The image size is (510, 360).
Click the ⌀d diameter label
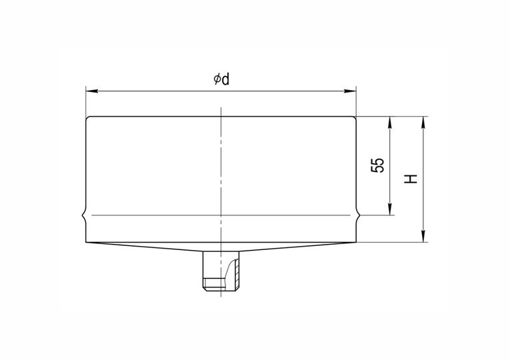click(x=221, y=79)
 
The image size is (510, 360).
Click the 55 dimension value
click(x=377, y=165)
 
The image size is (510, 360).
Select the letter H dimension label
click(x=411, y=179)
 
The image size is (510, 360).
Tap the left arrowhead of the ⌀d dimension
click(x=92, y=91)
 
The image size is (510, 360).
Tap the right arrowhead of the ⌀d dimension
click(x=350, y=91)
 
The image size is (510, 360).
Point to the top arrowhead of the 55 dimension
click(x=390, y=122)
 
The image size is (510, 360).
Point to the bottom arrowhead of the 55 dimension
click(x=390, y=209)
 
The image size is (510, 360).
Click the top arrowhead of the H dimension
click(x=423, y=122)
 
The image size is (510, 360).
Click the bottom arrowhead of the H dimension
click(x=423, y=236)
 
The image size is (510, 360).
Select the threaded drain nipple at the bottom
click(x=221, y=271)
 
